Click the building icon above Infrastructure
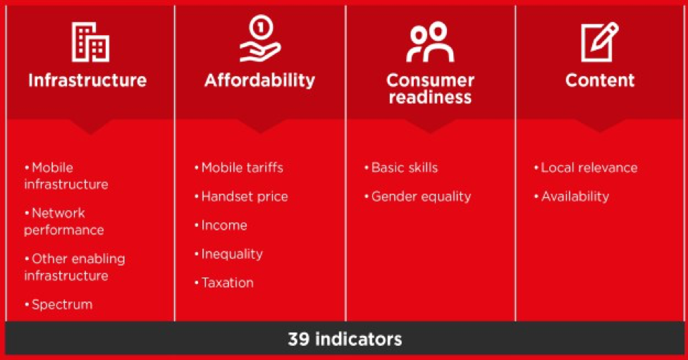[90, 42]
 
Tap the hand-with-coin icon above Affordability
[259, 40]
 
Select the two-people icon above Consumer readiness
[429, 42]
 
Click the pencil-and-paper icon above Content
[599, 42]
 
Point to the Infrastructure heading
[87, 80]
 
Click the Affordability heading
[259, 80]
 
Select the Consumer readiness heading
[430, 88]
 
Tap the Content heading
[600, 80]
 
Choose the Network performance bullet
[63, 221]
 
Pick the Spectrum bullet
[61, 304]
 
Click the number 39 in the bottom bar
[299, 339]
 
